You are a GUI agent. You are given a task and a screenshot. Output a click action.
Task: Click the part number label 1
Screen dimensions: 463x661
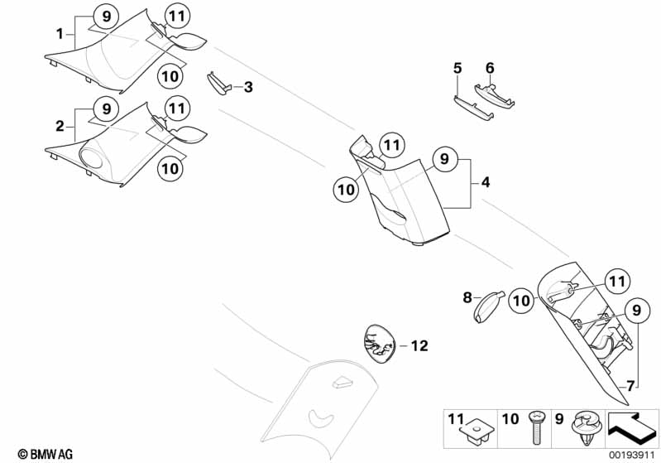coord(60,35)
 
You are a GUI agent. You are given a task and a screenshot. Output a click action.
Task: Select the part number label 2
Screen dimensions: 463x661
coord(60,127)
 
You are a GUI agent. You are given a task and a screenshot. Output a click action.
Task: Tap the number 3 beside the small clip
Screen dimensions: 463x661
coord(247,86)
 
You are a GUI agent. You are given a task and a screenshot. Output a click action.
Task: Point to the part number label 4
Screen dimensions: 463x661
coord(486,181)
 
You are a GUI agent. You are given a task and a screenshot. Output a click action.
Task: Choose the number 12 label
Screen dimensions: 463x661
coord(419,345)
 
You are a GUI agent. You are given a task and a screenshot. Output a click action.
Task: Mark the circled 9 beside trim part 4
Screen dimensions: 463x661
coord(444,157)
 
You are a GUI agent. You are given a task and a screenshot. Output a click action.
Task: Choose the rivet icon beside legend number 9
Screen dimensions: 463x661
coord(588,428)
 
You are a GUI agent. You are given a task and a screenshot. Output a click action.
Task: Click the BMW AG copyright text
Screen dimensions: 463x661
coord(40,453)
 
